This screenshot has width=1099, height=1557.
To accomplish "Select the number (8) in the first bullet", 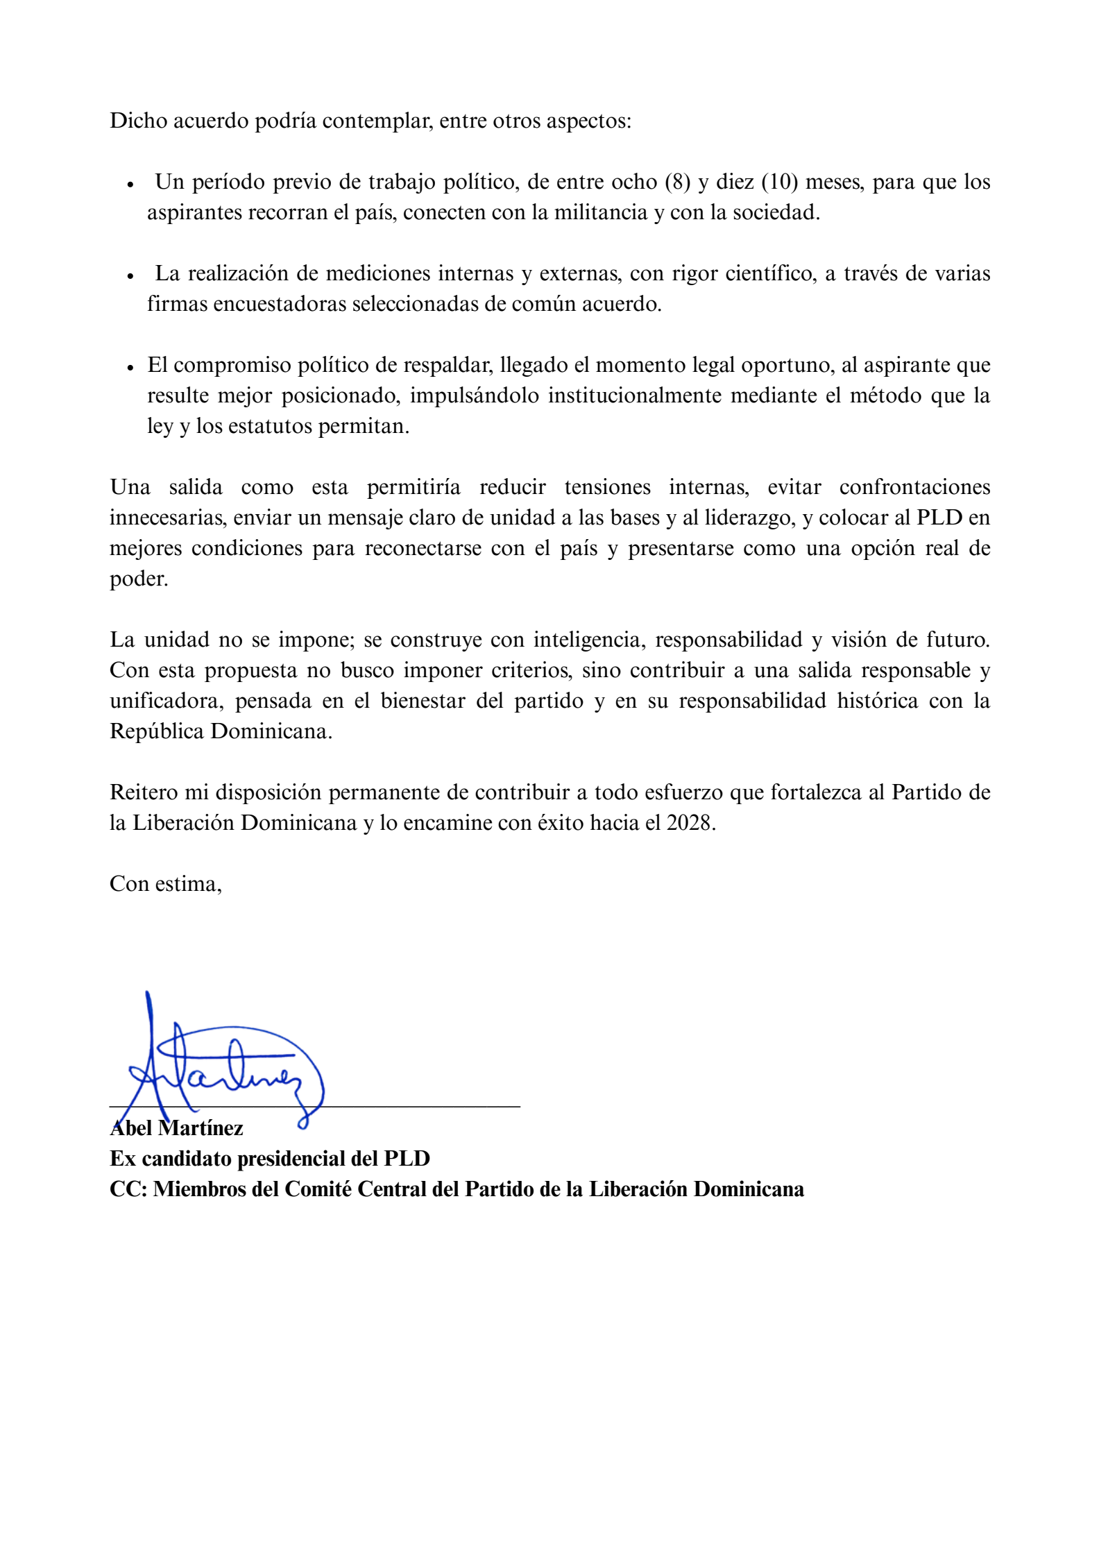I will coord(677,182).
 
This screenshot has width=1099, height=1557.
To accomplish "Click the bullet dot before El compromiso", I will coord(130,368).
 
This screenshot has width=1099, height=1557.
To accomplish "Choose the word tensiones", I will coord(607,487).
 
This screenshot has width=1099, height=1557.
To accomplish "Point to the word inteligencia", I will coord(589,640).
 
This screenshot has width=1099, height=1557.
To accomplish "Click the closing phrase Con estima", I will coord(165,884).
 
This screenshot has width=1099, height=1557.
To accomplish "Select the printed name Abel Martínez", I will coord(177,1128).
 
